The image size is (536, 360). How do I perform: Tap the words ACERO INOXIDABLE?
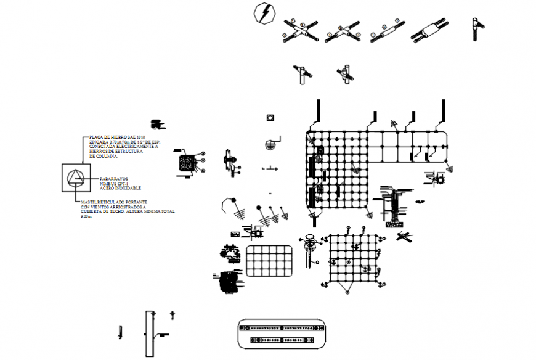tap(120, 187)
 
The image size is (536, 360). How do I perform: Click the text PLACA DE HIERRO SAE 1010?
tap(117, 136)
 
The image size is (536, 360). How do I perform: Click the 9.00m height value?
tap(86, 216)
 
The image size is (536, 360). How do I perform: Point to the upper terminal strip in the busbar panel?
tap(281, 329)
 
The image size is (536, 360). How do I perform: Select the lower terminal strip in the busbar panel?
tap(281, 340)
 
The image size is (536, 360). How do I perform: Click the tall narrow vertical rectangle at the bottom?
tap(148, 333)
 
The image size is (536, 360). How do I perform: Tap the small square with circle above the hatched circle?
tap(269, 117)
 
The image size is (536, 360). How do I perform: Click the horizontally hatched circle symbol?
tap(269, 145)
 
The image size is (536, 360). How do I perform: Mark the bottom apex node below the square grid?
tap(348, 291)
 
